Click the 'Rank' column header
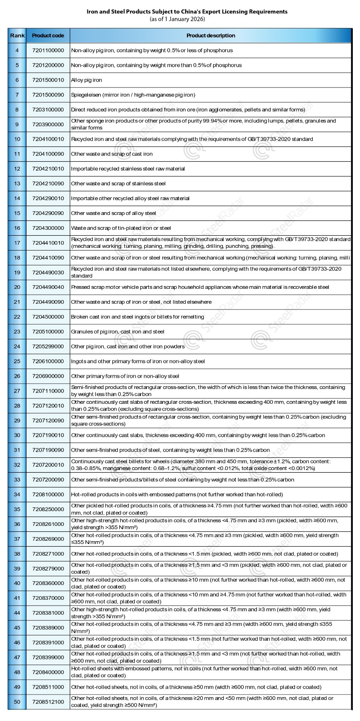17,36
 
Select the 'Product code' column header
48,36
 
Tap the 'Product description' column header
210,36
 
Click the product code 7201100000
48,50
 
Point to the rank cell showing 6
17,80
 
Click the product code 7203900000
48,124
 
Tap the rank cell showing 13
17,183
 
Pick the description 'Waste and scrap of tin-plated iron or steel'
121,228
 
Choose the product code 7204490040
48,287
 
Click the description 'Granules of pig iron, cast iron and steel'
118,332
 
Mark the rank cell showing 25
17,361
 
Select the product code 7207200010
48,465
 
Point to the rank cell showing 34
17,495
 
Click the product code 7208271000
48,554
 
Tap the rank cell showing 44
17,613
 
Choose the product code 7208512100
48,702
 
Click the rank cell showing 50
17,702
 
